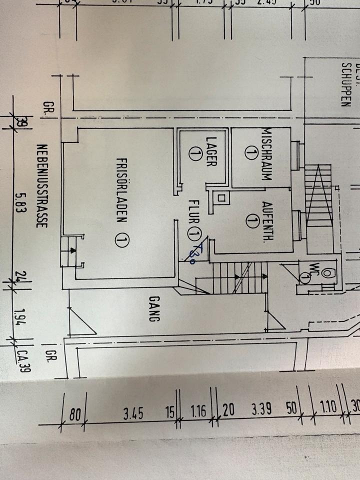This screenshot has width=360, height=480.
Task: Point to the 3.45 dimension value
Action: click(133, 413)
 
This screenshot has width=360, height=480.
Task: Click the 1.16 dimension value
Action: click(198, 412)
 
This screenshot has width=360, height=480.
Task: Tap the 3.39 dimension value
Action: click(261, 411)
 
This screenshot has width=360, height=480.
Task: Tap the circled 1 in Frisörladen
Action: click(119, 241)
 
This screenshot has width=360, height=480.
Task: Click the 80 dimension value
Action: click(75, 414)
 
